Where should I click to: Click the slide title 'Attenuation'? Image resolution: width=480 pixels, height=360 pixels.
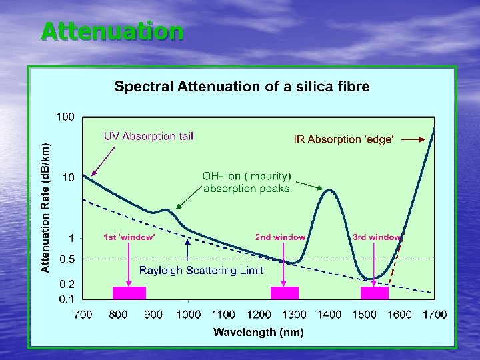coord(111,31)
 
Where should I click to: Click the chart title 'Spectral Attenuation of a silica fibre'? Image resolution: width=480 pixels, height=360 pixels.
coord(242,87)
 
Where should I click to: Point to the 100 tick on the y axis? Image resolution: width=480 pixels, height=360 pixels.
coord(65,117)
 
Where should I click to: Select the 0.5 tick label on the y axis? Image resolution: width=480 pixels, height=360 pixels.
coord(67,259)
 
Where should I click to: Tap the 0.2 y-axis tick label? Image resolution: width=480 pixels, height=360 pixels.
coord(67,283)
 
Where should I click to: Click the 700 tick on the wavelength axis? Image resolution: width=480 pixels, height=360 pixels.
coord(83,315)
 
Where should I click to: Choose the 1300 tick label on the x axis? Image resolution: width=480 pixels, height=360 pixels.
coord(294,315)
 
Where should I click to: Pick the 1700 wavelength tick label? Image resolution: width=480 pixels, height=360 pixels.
coord(435,315)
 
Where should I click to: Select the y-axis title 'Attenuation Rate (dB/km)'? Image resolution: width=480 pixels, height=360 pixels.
coord(45,208)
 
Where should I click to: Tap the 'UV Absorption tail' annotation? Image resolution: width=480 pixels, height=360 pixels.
coord(148,136)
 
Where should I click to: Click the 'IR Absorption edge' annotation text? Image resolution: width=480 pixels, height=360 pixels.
coord(344,139)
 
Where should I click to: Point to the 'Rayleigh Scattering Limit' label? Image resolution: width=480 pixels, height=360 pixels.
coord(201,271)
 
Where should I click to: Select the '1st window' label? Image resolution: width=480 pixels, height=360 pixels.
coord(129,237)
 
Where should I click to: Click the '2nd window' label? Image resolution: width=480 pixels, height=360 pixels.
coord(280,237)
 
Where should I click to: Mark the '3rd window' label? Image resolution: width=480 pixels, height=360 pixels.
coord(377,237)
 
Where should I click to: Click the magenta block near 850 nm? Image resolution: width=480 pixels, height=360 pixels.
coord(129,293)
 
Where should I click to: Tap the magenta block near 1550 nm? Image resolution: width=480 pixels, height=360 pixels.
coord(374,293)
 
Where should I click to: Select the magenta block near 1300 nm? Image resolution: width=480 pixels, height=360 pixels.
coord(284,293)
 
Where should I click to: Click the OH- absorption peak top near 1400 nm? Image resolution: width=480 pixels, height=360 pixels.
coord(329,191)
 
